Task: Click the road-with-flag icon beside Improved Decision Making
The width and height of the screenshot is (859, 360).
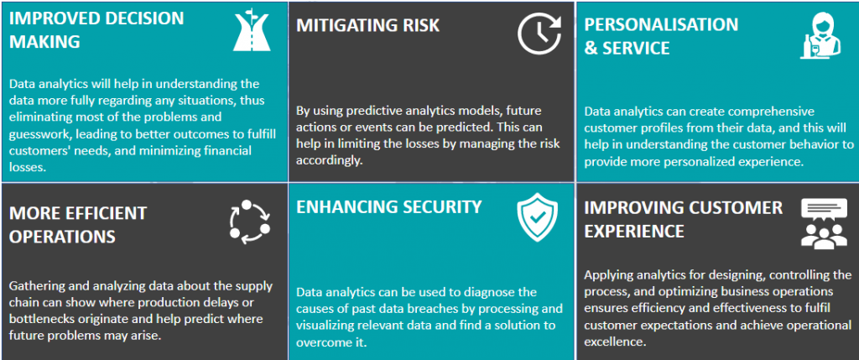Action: click(252, 32)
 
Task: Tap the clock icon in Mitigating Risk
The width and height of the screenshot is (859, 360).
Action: click(539, 33)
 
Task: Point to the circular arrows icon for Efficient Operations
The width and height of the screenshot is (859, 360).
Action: click(250, 222)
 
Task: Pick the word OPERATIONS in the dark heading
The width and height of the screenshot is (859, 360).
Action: click(62, 236)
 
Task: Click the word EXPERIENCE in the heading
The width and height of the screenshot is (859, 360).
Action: click(634, 232)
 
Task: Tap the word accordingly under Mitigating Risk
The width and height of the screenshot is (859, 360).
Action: click(329, 160)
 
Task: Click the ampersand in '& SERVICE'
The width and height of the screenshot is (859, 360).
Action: click(590, 49)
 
